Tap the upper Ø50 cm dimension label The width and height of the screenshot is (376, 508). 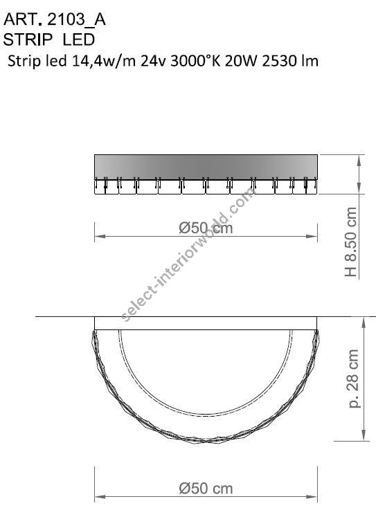[206, 227]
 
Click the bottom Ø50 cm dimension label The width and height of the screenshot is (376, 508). [206, 489]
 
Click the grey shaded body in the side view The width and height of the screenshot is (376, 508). [206, 165]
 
